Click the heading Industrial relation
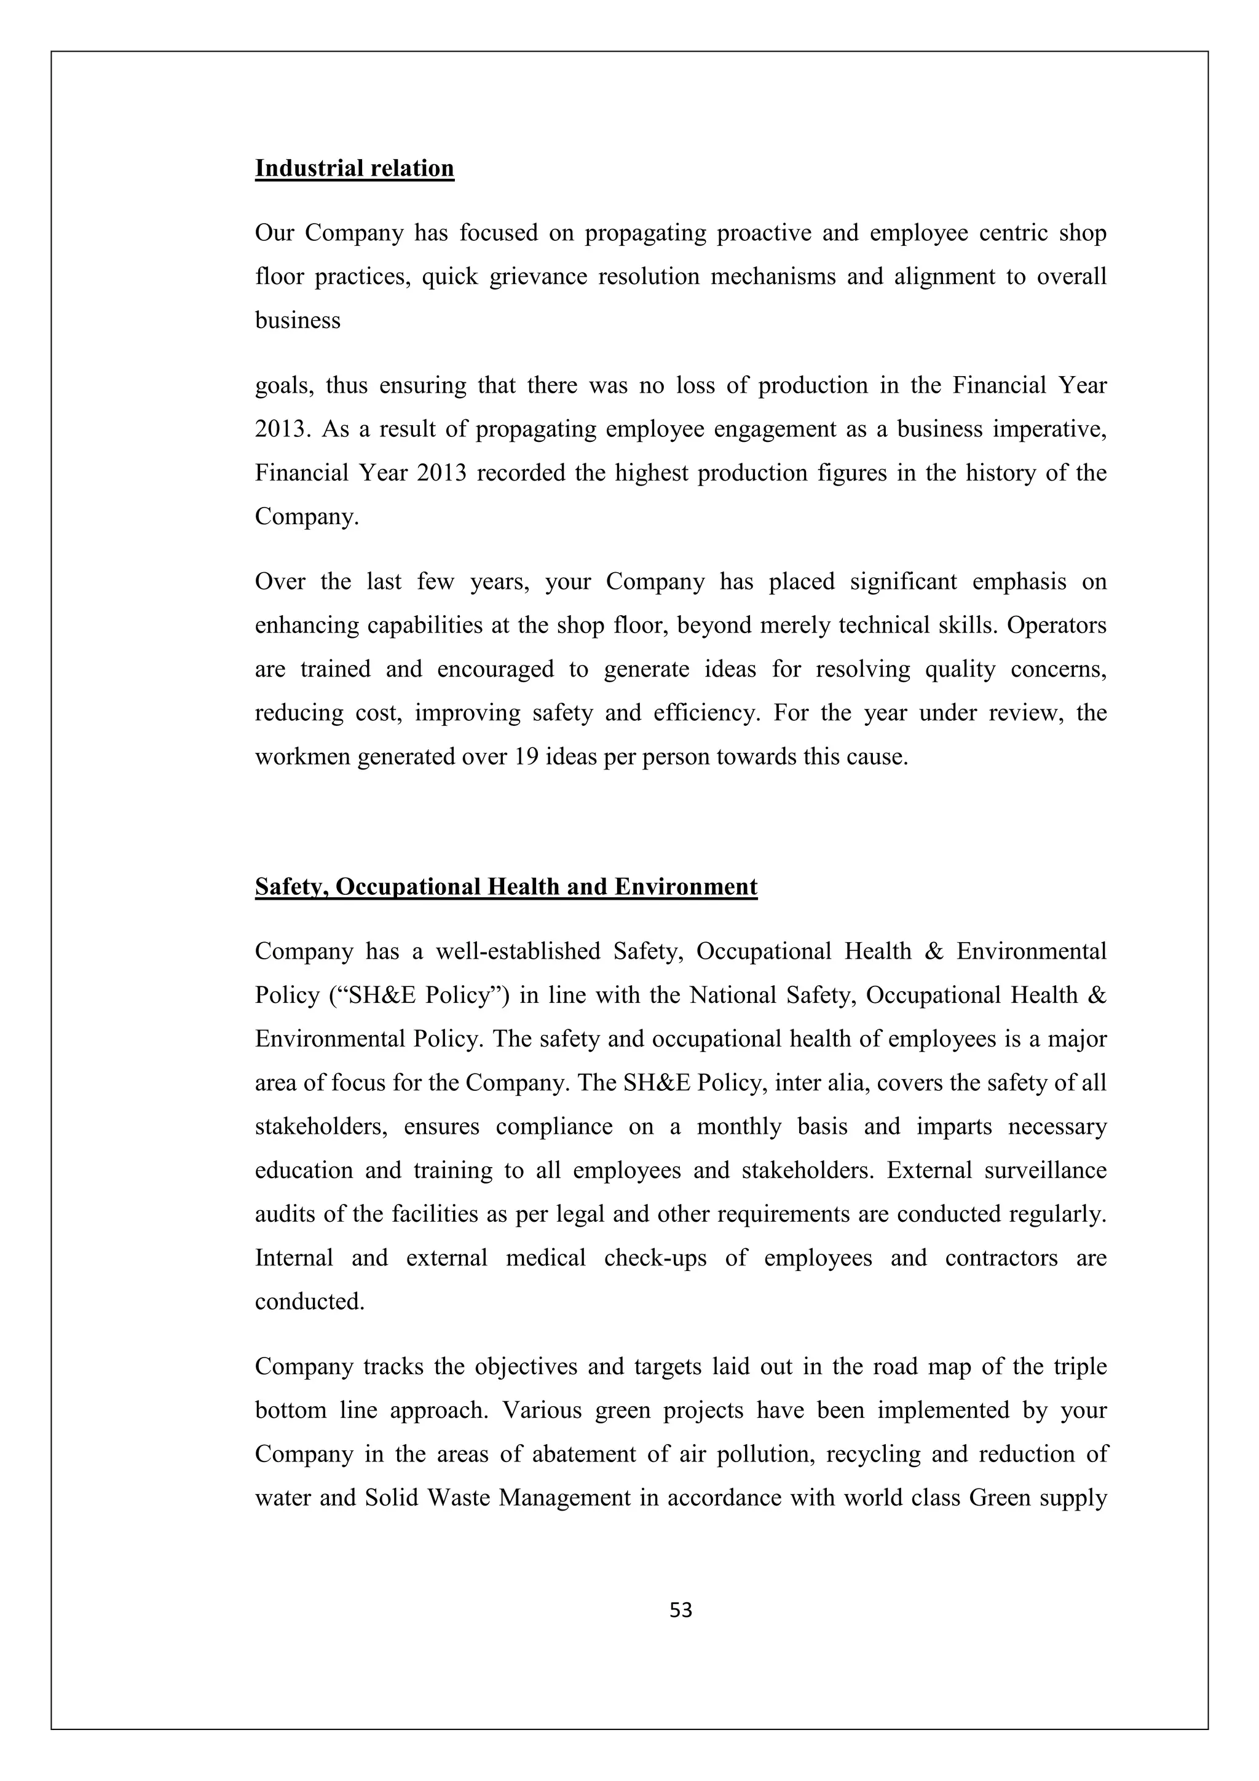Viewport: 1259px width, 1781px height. pyautogui.click(x=355, y=168)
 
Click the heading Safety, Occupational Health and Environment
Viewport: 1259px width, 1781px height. pyautogui.click(x=506, y=887)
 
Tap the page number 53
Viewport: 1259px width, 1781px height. pyautogui.click(x=681, y=1610)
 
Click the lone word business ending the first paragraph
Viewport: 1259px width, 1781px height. pyautogui.click(x=298, y=320)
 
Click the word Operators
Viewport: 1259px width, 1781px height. pyautogui.click(x=1057, y=625)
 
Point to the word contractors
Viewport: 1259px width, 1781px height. pyautogui.click(x=1001, y=1257)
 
